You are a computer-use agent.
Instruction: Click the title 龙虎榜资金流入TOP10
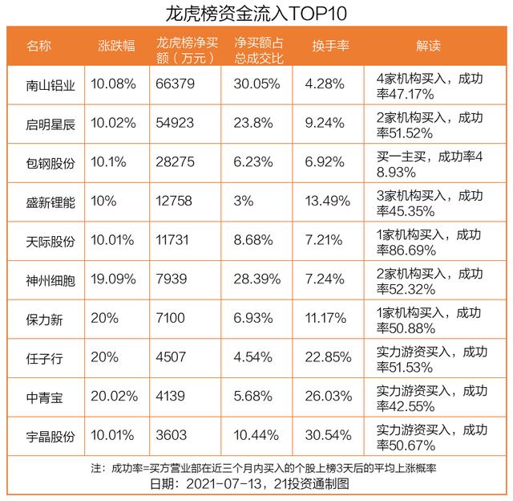[x=256, y=14]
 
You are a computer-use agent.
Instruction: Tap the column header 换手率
[x=330, y=46]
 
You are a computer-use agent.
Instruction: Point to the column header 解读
[x=429, y=46]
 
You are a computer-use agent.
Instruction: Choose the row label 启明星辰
[x=50, y=124]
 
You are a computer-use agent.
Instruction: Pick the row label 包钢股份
[x=50, y=163]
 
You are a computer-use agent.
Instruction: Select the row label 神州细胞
[x=50, y=279]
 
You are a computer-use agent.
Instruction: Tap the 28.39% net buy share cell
[x=256, y=279]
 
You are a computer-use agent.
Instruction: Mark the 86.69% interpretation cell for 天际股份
[x=429, y=241]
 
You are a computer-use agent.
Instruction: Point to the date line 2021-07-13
[x=256, y=484]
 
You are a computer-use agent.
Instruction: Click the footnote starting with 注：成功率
[x=256, y=467]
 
